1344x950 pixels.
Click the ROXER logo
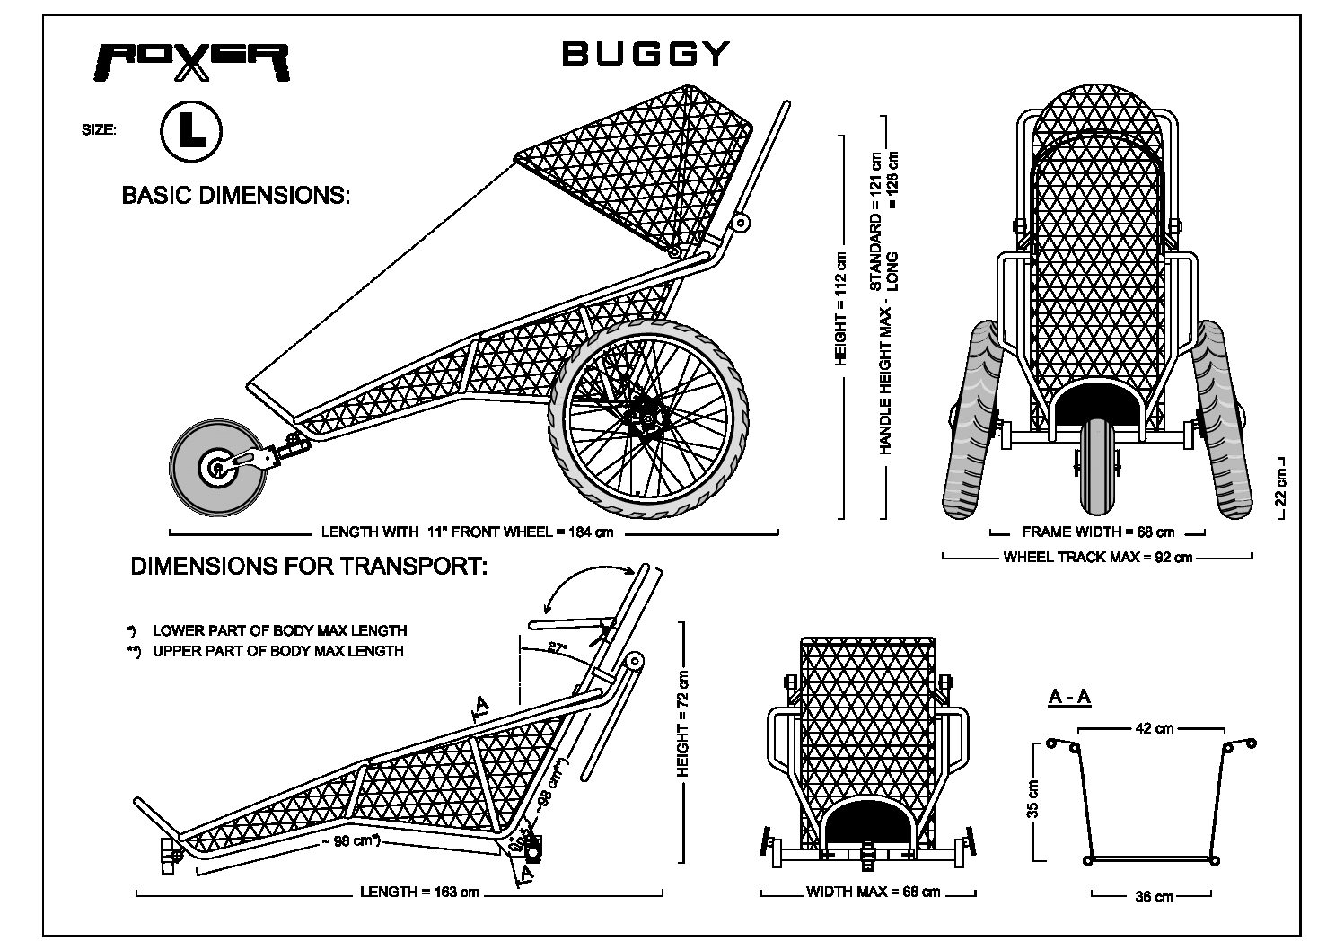192,63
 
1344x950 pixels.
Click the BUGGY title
646,53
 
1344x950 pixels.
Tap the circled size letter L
191,131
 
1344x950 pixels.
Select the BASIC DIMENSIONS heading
236,196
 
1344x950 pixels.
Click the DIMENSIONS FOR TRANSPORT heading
309,567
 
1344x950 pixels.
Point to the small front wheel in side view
218,468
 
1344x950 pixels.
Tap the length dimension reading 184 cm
467,532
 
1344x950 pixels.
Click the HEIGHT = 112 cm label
841,309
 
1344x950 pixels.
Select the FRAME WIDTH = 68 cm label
1098,532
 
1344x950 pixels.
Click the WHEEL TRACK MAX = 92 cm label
1097,557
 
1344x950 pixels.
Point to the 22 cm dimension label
1279,487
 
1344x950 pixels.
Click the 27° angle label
558,647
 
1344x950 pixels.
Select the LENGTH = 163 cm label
419,892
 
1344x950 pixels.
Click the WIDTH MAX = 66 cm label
873,892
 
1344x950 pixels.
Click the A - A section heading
1069,698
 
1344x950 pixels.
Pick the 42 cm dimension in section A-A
1155,728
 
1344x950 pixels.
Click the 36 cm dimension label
1154,897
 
